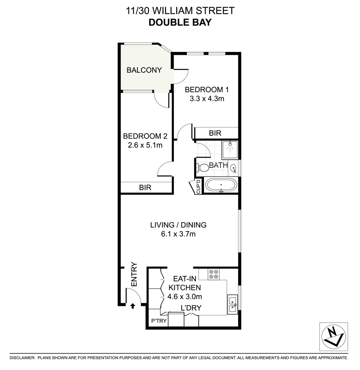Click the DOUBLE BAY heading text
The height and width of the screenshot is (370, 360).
pyautogui.click(x=180, y=23)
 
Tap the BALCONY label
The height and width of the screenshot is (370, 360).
pyautogui.click(x=144, y=70)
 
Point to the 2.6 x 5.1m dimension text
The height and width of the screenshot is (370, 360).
pyautogui.click(x=145, y=145)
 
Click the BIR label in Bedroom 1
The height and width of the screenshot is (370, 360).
pyautogui.click(x=216, y=133)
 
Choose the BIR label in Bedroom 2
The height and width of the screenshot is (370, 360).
pyautogui.click(x=145, y=188)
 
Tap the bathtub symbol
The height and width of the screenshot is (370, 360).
pyautogui.click(x=221, y=186)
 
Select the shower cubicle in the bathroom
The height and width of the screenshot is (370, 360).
pyautogui.click(x=230, y=149)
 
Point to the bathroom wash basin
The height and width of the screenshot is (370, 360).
pyautogui.click(x=233, y=168)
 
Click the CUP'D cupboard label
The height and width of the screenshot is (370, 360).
pyautogui.click(x=198, y=187)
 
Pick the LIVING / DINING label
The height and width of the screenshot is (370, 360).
pyautogui.click(x=178, y=225)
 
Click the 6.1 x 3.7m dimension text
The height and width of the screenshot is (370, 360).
pyautogui.click(x=178, y=234)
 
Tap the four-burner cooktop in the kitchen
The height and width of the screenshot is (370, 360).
pyautogui.click(x=214, y=274)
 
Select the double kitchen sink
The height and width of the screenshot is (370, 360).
pyautogui.click(x=233, y=304)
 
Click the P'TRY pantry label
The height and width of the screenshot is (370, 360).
pyautogui.click(x=159, y=321)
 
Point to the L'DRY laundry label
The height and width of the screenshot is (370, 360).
pyautogui.click(x=191, y=308)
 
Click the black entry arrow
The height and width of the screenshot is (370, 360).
pyautogui.click(x=133, y=306)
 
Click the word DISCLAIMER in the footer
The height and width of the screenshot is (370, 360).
pyautogui.click(x=22, y=358)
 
